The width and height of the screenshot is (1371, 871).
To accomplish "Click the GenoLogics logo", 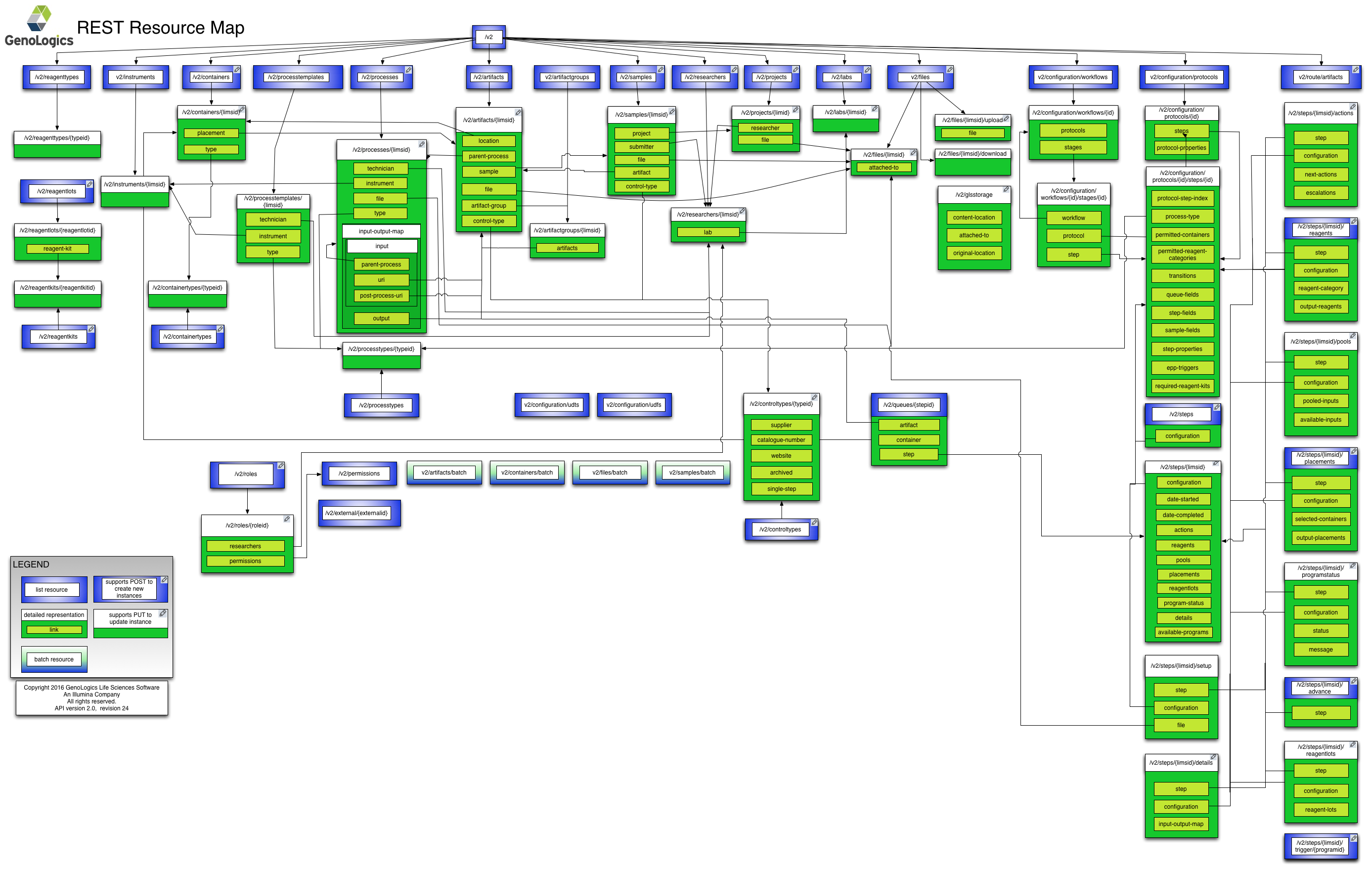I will coord(39,26).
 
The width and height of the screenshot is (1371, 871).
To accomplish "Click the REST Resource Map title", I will coord(161,27).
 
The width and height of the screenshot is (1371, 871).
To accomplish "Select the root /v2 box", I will coord(488,37).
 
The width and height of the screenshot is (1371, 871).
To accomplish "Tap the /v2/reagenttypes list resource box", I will coord(57,77).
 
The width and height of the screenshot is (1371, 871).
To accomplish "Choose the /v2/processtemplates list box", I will coord(296,77).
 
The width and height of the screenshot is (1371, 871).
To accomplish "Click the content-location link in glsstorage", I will coord(973,218).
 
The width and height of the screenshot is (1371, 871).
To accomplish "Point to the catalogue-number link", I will coord(781,440).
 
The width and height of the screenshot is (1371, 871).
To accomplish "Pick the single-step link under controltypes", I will coord(781,489).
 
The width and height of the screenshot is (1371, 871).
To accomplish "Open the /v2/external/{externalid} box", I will coord(356,513).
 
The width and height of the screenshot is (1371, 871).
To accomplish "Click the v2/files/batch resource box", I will coord(610,473).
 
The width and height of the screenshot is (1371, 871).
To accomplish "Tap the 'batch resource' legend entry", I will coord(54,659).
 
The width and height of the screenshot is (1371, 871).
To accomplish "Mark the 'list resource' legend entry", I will coord(52,590).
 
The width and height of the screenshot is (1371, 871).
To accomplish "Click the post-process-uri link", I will coord(381,296).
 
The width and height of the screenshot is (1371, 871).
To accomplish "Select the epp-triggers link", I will coord(1182,368).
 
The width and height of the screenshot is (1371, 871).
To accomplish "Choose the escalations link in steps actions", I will coord(1321,193).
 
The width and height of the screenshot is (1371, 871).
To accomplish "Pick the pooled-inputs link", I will coord(1321,401).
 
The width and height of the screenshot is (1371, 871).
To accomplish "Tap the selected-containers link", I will coord(1321,519).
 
